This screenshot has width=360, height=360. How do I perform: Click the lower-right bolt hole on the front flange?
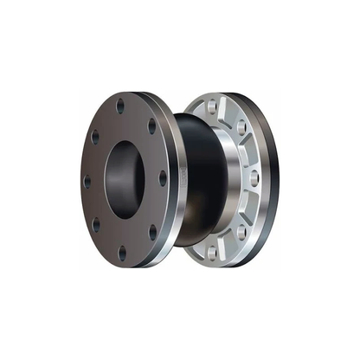coord(152,232)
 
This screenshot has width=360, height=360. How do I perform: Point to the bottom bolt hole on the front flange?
coord(121,254)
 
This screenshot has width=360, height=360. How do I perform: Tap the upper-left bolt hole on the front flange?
coord(94,135)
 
